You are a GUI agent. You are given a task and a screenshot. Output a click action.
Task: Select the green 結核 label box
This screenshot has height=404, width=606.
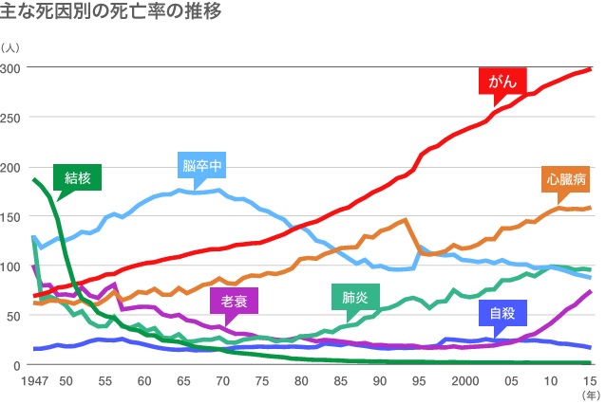point(77,176)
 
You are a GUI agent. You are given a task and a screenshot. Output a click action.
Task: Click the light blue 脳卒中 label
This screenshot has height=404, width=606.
point(201,166)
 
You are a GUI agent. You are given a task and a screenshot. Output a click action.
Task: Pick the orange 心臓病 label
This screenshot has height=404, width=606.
point(566,177)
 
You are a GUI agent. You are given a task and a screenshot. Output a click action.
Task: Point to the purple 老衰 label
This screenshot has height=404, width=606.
point(234,303)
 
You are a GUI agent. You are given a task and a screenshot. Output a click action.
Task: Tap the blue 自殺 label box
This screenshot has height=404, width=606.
point(502,313)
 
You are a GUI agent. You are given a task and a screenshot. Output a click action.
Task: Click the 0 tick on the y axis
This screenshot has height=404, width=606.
point(17,365)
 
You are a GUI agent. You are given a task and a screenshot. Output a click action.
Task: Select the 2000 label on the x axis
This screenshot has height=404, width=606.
point(464,381)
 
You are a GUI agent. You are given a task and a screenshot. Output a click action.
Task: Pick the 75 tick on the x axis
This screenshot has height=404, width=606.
point(261,381)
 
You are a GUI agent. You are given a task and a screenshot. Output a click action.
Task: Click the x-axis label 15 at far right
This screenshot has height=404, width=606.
point(590,381)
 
